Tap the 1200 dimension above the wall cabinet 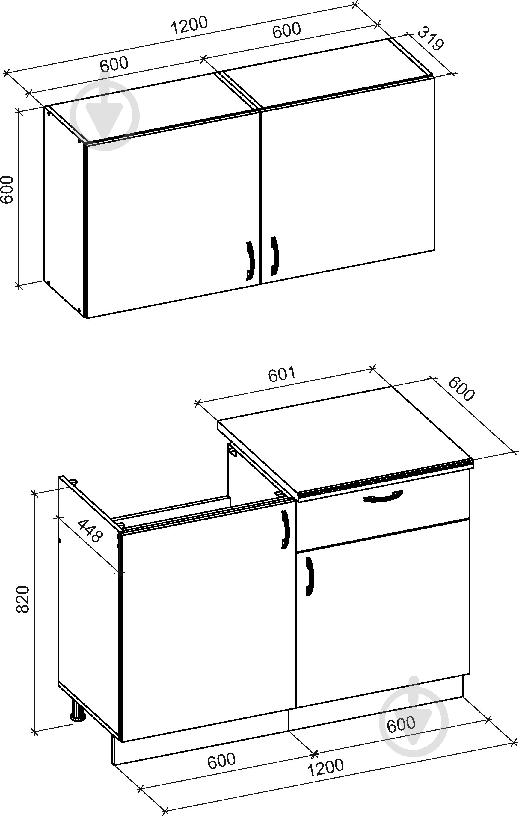click(x=189, y=25)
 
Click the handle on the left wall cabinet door click(x=250, y=261)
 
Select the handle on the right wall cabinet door click(x=274, y=256)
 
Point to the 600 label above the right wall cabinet click(x=286, y=30)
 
